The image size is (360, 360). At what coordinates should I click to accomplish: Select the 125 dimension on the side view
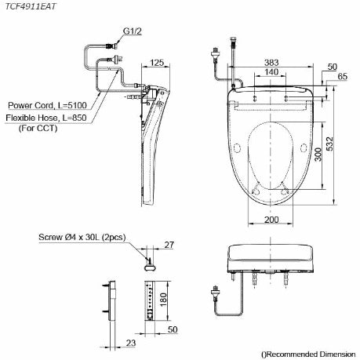pos(157,63)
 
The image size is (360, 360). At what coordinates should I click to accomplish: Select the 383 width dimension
pos(272,60)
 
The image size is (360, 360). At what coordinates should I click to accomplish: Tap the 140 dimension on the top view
pos(271,71)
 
